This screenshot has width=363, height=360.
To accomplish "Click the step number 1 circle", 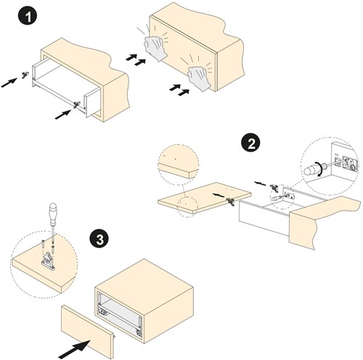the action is [28, 17].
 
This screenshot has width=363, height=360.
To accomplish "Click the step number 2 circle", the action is [250, 144].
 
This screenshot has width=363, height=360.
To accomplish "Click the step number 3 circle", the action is [99, 240].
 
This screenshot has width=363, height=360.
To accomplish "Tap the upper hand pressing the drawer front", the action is [155, 48].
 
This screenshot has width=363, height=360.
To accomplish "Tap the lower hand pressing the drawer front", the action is [200, 78].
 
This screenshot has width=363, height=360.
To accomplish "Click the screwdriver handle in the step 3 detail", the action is [53, 213].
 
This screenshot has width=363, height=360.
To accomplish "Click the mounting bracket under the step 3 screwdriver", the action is [48, 261].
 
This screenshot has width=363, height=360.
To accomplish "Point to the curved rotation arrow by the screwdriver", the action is [320, 169].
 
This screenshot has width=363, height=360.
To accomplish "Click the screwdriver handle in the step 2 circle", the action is [311, 170].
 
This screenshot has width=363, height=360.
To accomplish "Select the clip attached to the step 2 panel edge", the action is [231, 201].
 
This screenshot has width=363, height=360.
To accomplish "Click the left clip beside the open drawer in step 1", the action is [25, 75].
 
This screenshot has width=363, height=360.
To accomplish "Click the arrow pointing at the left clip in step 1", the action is [9, 82].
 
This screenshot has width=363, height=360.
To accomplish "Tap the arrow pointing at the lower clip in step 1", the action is [63, 114].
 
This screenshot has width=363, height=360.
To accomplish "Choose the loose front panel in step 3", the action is [87, 332].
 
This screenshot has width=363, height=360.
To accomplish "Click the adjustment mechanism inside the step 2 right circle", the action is [346, 163].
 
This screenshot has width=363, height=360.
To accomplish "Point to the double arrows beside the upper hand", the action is [136, 60].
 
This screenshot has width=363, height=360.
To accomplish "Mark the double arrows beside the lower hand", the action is [179, 90].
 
